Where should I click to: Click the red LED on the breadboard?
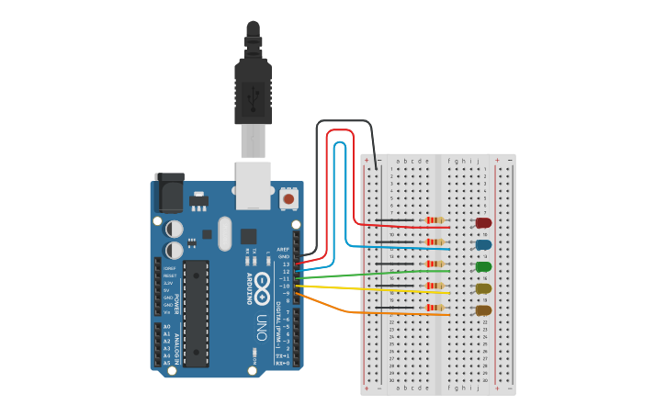coord(483,222)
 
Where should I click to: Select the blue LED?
coord(483,245)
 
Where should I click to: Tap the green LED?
coord(483,266)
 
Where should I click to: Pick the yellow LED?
coord(483,288)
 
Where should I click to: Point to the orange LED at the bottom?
coord(483,310)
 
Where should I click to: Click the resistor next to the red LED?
coord(435,219)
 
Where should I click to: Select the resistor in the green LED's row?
coord(435,264)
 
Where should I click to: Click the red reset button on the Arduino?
coord(288,198)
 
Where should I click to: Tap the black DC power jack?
coord(169,193)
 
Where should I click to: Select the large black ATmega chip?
coord(196,312)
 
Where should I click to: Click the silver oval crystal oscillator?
coord(225,233)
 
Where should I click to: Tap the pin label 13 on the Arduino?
coord(286,264)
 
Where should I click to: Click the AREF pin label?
coord(283,249)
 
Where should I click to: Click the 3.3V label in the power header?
coord(169,283)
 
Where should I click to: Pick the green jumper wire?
coord(367,275)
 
